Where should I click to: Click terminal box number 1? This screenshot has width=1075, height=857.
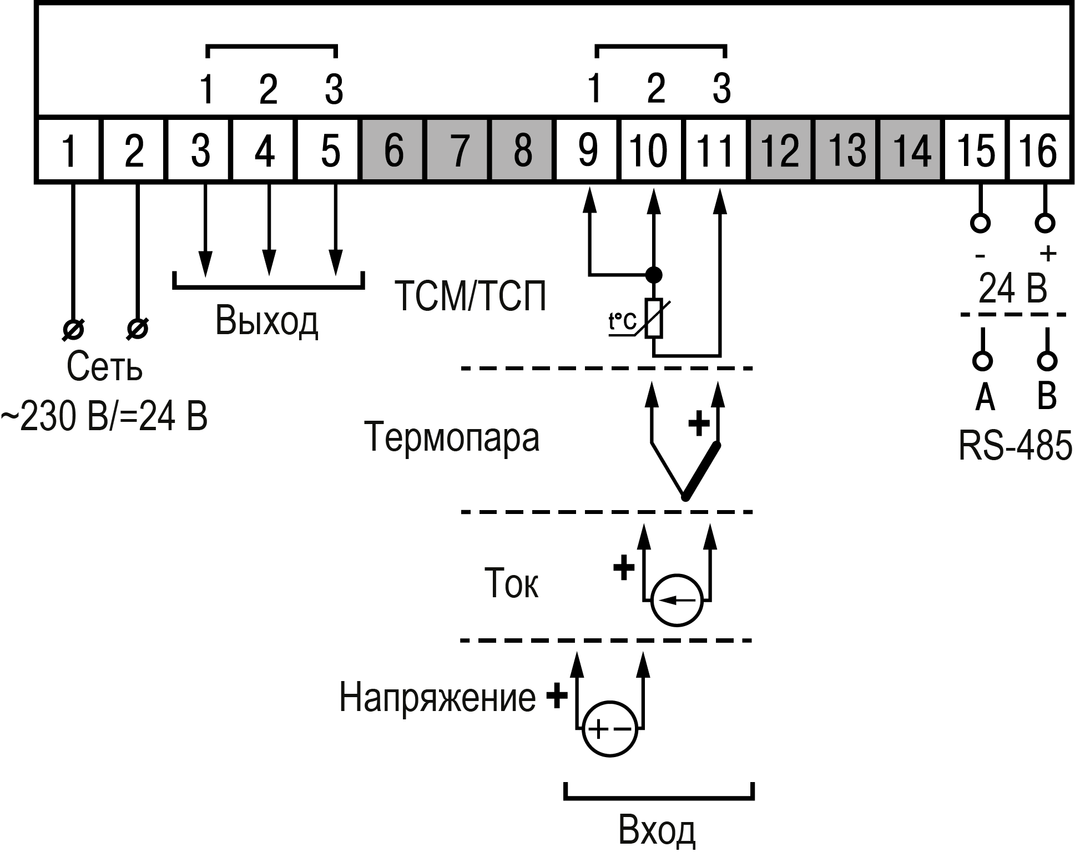(68, 150)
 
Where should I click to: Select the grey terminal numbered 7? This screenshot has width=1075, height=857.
(458, 150)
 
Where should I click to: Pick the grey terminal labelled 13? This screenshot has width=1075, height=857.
(846, 150)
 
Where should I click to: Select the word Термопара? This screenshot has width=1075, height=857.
(451, 437)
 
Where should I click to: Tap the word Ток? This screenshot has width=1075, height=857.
(511, 583)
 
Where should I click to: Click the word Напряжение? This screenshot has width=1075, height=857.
(437, 697)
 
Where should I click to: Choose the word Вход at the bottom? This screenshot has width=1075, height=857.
(657, 831)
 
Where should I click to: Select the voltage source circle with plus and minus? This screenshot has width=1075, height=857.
(609, 729)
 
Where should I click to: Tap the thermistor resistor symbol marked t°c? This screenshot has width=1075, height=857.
(654, 319)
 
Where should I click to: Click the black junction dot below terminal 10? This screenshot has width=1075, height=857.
(654, 274)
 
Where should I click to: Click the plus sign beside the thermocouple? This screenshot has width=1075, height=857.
(699, 425)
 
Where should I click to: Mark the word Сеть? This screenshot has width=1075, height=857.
(104, 366)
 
